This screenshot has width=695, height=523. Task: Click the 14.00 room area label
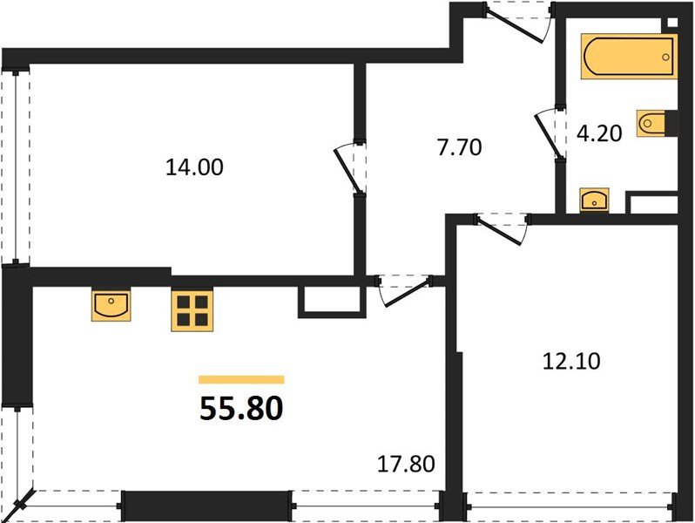point(194,166)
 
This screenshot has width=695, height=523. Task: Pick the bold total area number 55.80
point(241,409)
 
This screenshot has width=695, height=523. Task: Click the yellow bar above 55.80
point(241,380)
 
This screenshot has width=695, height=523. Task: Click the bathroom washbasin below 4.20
point(597,200)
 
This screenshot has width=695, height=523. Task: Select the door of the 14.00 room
point(349,169)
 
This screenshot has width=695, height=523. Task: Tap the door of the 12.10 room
point(501,228)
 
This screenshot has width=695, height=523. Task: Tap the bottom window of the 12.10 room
point(570,505)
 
